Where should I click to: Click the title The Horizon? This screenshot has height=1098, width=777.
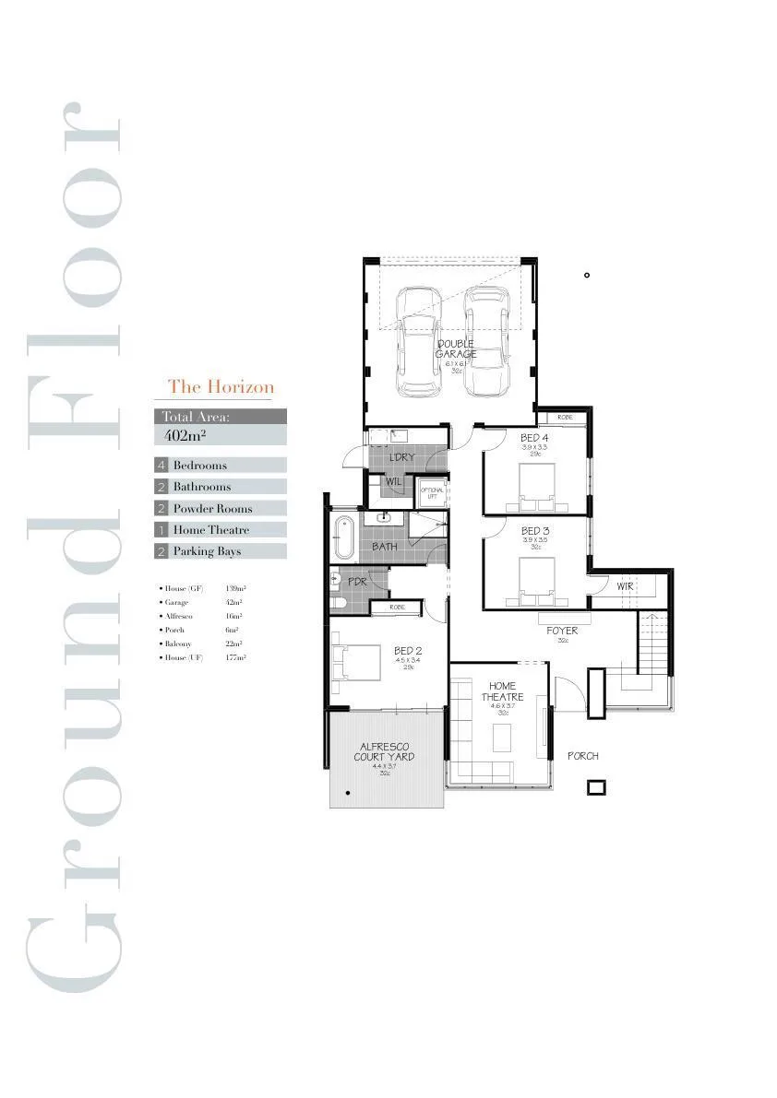[x=221, y=387]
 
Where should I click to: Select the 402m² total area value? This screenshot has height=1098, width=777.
[x=184, y=435]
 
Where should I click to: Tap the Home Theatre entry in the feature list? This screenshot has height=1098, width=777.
[x=210, y=530]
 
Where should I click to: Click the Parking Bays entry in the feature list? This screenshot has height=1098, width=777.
[x=207, y=551]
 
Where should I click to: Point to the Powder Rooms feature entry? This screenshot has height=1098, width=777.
[x=212, y=509]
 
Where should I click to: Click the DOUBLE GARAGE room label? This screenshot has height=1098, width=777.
[x=455, y=349]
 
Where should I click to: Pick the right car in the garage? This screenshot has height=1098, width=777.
[x=486, y=340]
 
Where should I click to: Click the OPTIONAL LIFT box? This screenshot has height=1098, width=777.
[x=432, y=494]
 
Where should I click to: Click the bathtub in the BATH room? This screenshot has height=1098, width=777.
[x=343, y=537]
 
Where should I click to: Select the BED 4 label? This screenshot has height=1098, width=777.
[x=534, y=438]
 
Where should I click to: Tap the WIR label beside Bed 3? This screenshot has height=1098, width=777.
[x=625, y=586]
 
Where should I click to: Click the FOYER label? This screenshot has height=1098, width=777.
[x=562, y=632]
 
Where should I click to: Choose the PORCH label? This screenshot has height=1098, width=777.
[x=582, y=756]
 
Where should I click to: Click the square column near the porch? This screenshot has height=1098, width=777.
[x=596, y=787]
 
